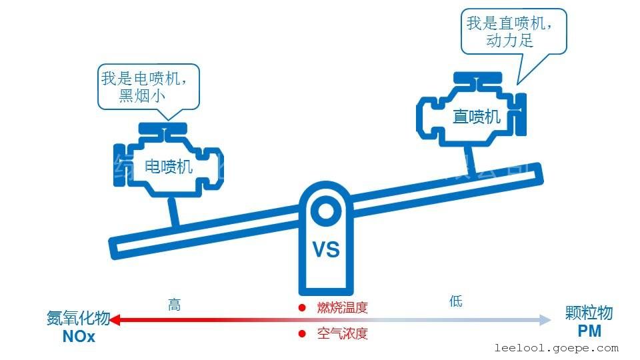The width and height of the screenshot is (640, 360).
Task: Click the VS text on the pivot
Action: tap(326, 250)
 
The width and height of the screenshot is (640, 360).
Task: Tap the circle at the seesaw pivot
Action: tap(326, 211)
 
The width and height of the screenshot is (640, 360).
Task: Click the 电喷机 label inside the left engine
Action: tap(169, 165)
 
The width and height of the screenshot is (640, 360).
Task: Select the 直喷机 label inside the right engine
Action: tap(476, 117)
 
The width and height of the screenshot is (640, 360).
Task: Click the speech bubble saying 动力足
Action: tap(514, 31)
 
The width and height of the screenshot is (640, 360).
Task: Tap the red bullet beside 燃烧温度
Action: tap(301, 308)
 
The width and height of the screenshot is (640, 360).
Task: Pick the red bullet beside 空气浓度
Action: tap(301, 333)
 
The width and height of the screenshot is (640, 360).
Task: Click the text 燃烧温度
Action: tap(342, 308)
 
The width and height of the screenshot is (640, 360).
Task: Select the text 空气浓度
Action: tap(342, 333)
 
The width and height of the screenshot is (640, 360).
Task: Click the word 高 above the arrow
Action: tap(174, 305)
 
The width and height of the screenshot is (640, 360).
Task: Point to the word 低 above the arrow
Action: tap(456, 301)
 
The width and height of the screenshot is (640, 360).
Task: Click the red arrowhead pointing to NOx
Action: tap(115, 321)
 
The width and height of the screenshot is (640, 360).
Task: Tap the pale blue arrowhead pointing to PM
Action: tap(545, 321)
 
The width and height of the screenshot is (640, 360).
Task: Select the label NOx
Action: tap(79, 337)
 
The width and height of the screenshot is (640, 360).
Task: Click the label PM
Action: tap(589, 331)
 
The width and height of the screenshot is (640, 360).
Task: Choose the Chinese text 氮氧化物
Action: tap(78, 319)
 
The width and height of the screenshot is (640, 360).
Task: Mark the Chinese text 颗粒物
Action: tap(589, 313)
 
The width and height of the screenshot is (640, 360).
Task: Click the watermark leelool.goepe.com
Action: tap(557, 348)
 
